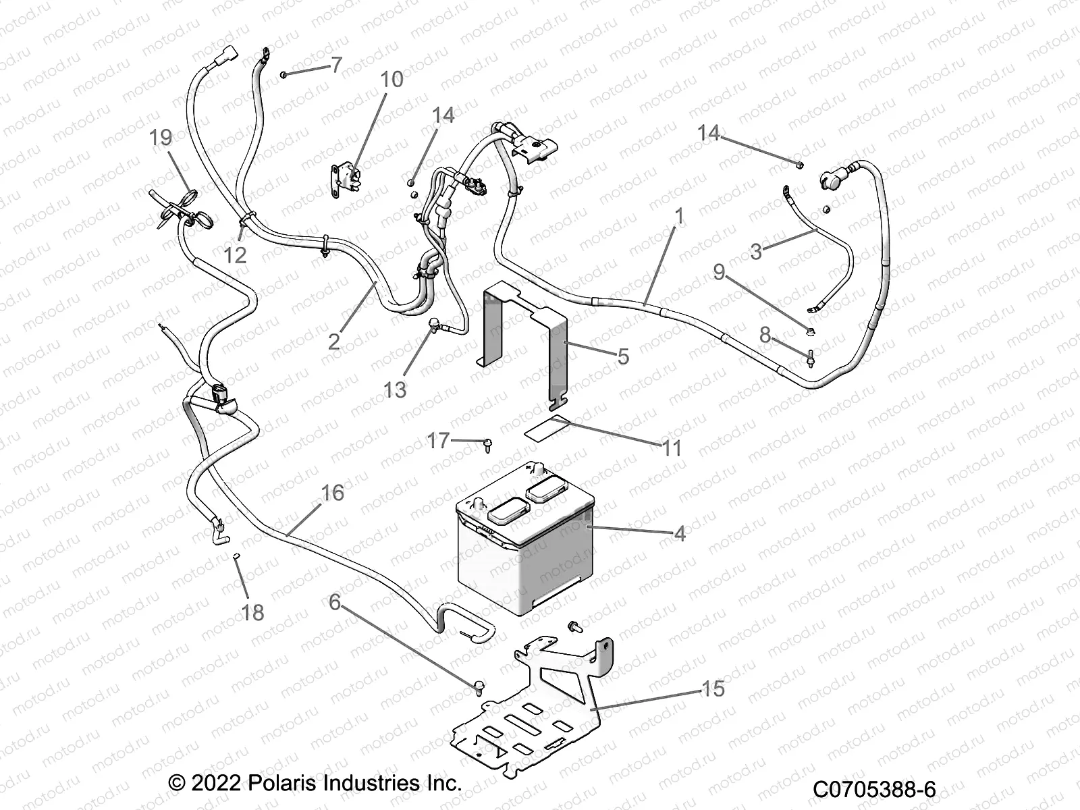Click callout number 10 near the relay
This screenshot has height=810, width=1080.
point(391,79)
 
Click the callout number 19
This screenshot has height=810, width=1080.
point(161,137)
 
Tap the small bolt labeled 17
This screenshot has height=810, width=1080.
point(488,443)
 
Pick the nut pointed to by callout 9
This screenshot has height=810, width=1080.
point(811,331)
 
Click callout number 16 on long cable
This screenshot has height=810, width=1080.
point(332,493)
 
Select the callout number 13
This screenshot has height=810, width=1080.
point(395,389)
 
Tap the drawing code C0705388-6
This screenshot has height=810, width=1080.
point(874,788)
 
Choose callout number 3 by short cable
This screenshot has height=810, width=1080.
point(756,252)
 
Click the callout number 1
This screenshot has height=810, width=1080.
point(679,216)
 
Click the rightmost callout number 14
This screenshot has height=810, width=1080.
point(709,133)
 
